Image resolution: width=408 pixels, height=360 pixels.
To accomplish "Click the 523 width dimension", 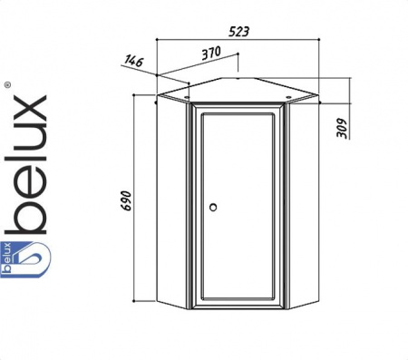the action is pyautogui.click(x=238, y=32).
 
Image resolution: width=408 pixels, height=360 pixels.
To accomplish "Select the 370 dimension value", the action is pyautogui.click(x=211, y=53).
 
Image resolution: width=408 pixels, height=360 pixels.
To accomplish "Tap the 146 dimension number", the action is pyautogui.click(x=133, y=61).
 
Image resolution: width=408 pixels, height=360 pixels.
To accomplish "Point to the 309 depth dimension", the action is pyautogui.click(x=342, y=128).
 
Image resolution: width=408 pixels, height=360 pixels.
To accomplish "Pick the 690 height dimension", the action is pyautogui.click(x=126, y=200).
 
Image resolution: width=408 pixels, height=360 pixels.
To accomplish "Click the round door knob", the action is pyautogui.click(x=213, y=207).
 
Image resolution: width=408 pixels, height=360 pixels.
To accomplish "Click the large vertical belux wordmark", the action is pyautogui.click(x=26, y=165).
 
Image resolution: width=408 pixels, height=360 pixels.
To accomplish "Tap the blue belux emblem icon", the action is pyautogui.click(x=25, y=259).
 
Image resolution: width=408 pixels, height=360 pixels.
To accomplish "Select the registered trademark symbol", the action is pyautogui.click(x=8, y=85).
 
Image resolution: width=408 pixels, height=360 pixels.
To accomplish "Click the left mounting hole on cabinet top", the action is pyautogui.click(x=187, y=97).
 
